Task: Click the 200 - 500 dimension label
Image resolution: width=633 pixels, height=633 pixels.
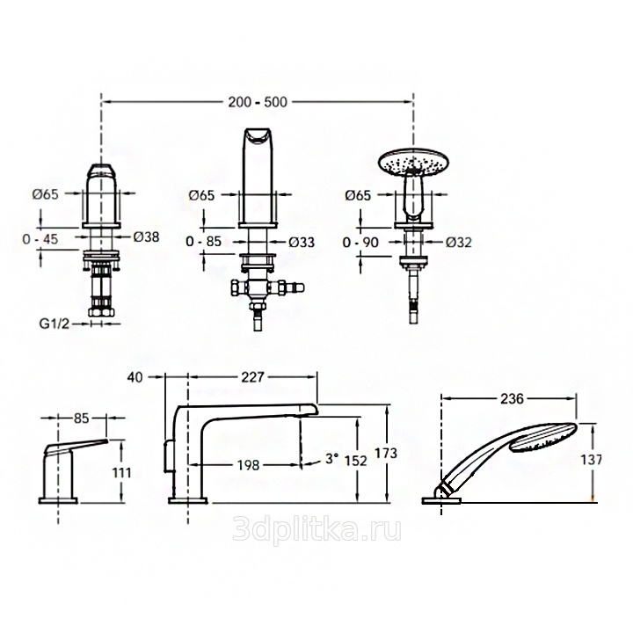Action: tap(258, 102)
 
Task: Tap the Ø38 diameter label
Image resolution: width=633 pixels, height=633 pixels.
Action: tap(146, 236)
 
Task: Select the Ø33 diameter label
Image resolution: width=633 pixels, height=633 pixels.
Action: tap(302, 242)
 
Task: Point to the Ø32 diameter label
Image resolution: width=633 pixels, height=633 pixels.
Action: tap(459, 243)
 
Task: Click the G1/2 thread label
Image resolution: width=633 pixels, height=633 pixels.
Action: tap(55, 324)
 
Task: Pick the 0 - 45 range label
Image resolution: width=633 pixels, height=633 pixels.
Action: tap(40, 239)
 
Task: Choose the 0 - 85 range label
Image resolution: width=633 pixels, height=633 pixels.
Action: tap(203, 242)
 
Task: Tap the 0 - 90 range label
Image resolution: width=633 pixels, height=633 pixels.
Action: tap(360, 243)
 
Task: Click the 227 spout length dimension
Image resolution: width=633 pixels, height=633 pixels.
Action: tap(252, 377)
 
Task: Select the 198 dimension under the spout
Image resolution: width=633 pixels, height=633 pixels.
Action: tap(248, 465)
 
